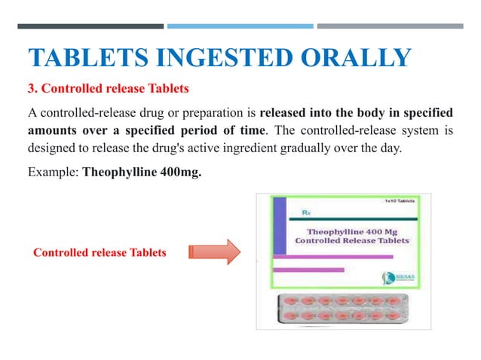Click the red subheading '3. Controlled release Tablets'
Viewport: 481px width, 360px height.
point(108,89)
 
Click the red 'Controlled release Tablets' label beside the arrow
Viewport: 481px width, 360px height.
point(100,253)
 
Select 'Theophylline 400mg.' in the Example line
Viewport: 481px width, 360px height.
point(142,171)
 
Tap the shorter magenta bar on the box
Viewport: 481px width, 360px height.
point(310,268)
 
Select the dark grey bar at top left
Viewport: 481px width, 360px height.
point(90,26)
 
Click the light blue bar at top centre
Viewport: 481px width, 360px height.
point(240,26)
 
